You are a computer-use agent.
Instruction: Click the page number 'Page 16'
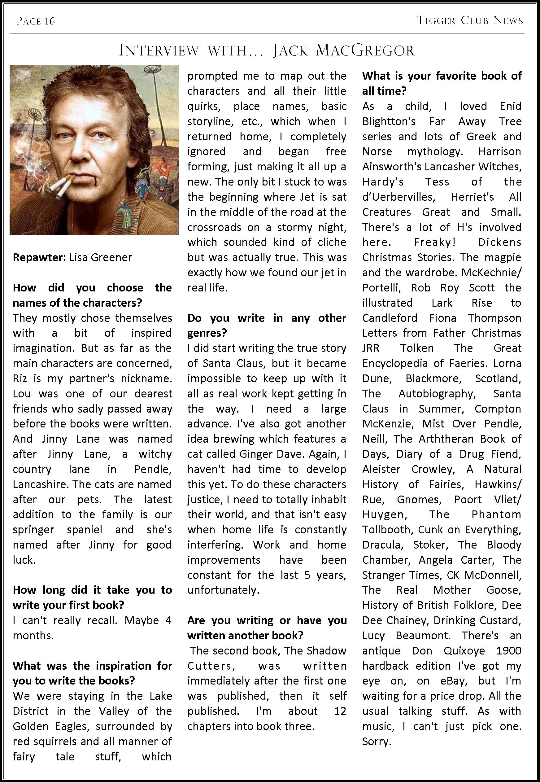tap(36, 21)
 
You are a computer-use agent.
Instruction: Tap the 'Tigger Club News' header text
tap(470, 21)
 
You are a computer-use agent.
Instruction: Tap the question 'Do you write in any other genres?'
tap(267, 326)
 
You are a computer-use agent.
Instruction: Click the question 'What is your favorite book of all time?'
tap(442, 83)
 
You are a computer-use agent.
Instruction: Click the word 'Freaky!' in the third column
tap(435, 242)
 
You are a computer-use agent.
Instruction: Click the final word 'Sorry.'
tap(377, 741)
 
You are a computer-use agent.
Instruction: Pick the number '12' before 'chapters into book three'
tap(340, 711)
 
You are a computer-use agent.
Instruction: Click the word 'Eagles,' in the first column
tap(71, 726)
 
